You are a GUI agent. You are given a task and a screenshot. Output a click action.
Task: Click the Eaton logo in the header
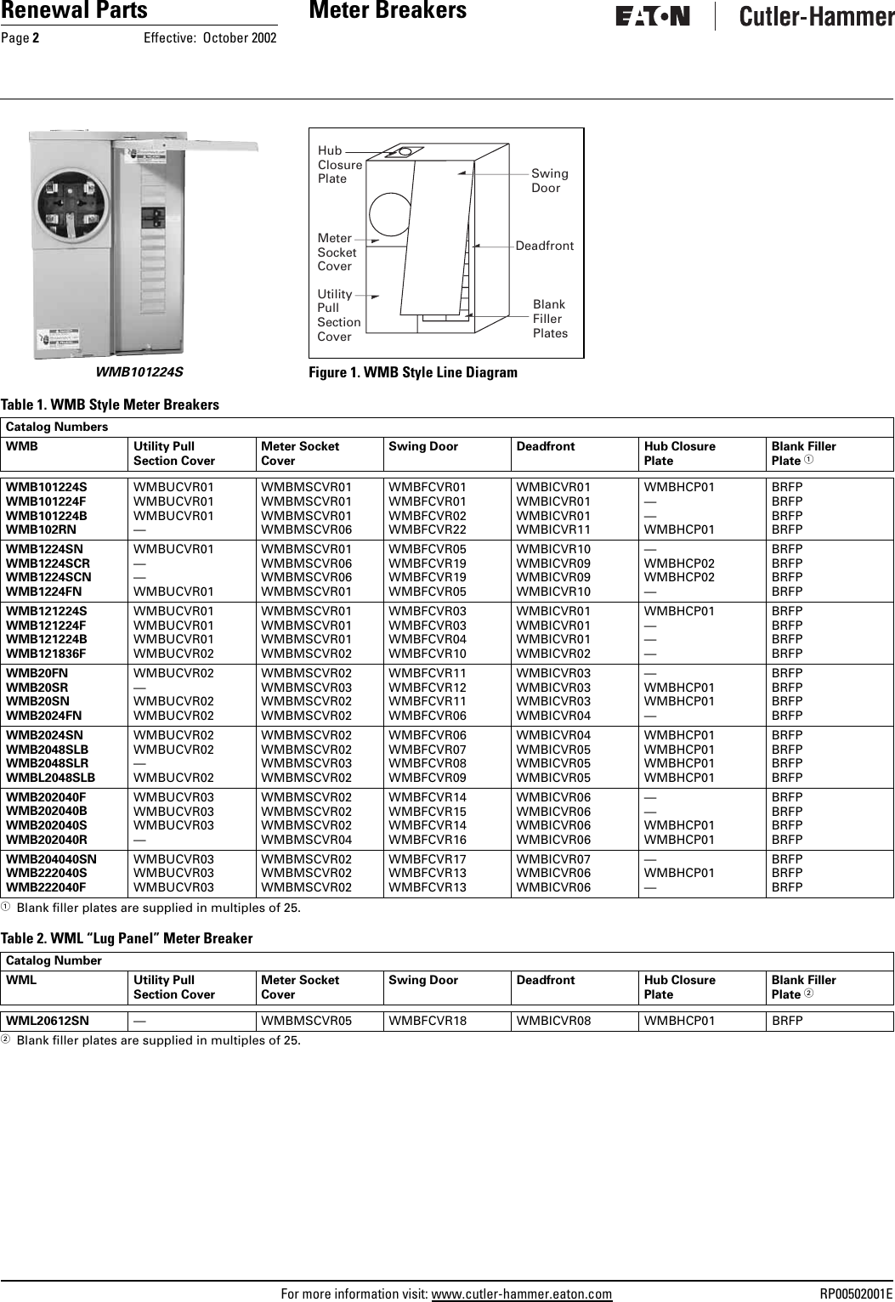(653, 17)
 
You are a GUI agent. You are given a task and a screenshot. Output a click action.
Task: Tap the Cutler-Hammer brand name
(816, 17)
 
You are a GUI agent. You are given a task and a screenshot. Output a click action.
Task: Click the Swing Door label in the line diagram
(549, 180)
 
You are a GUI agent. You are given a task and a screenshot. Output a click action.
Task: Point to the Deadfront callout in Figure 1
(544, 246)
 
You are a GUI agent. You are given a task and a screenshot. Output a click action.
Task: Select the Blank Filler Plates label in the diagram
(550, 319)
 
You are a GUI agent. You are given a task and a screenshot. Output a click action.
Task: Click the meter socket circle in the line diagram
(392, 214)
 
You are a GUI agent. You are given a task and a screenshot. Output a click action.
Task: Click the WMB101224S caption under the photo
(139, 371)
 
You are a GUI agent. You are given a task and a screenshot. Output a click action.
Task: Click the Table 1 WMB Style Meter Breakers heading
(110, 405)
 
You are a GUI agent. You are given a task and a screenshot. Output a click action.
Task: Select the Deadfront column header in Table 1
(545, 446)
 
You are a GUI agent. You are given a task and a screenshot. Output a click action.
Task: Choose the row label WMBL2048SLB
(51, 778)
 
